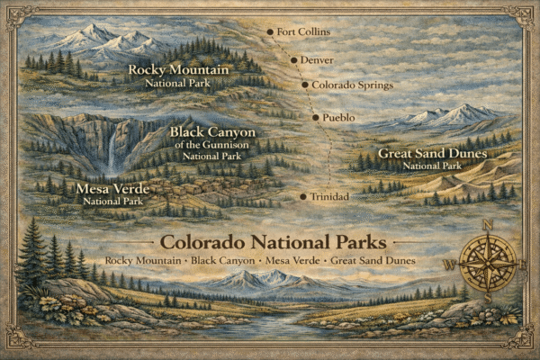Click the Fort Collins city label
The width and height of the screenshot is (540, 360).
pos(303,32)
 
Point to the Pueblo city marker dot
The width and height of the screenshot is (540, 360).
pos(315,118)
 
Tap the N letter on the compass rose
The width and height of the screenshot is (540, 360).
pos(488,225)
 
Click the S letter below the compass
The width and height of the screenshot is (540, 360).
pos(488,300)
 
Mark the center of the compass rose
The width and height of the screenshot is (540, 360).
pos(488,263)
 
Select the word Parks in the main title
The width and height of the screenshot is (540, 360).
pos(356,243)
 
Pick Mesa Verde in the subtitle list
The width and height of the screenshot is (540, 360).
pos(293,261)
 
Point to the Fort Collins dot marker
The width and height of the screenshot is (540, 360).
pos(269,32)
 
